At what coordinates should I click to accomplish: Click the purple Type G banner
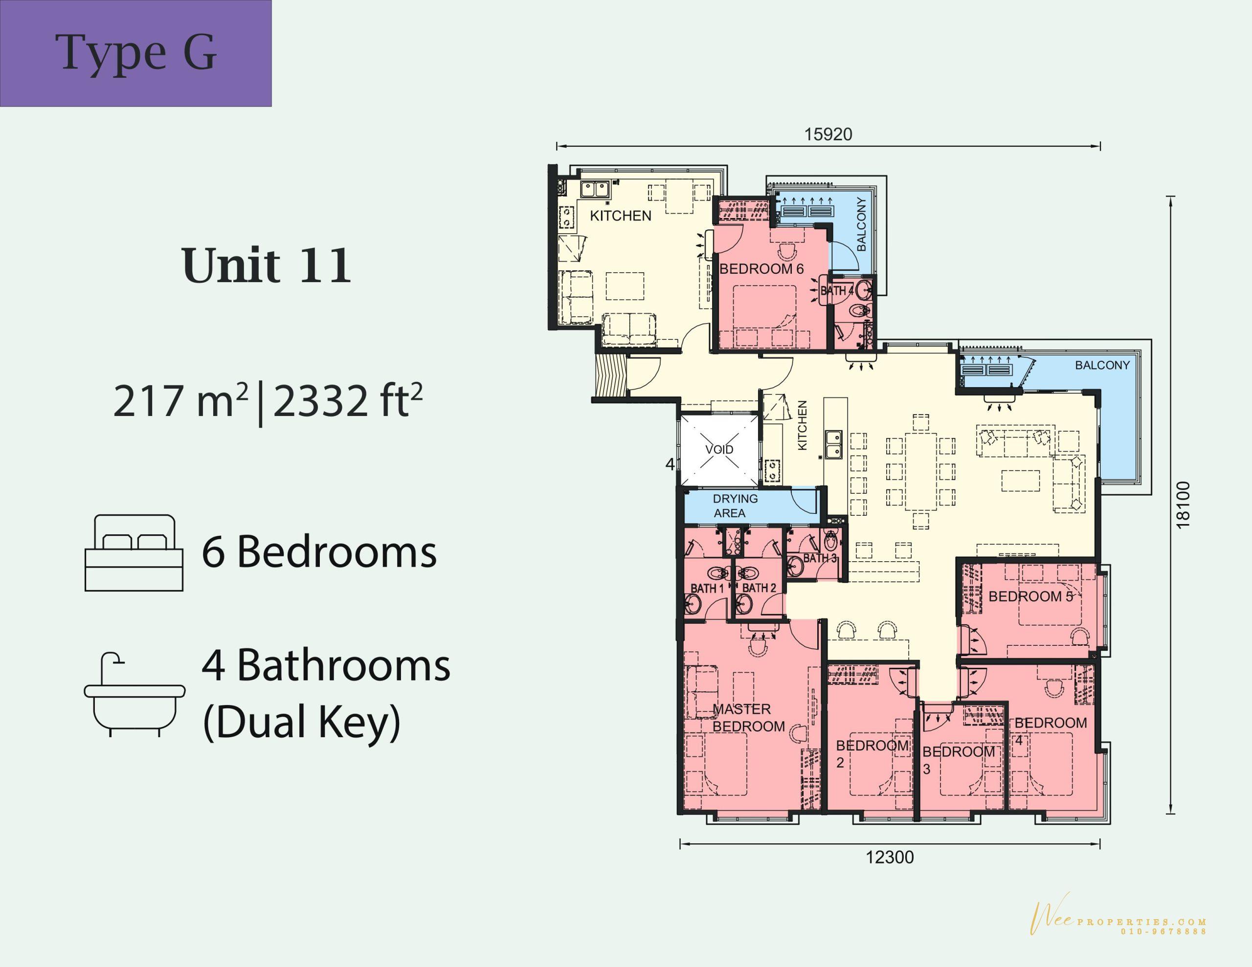click(x=135, y=53)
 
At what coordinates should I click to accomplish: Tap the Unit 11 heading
click(x=267, y=265)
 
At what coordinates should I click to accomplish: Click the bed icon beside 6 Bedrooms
click(x=134, y=552)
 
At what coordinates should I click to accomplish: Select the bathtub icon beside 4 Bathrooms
click(x=134, y=694)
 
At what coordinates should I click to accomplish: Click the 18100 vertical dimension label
click(x=1183, y=505)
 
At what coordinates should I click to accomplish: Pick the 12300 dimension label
click(x=890, y=857)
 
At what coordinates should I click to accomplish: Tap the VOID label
click(x=719, y=449)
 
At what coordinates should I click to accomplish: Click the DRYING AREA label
click(x=735, y=505)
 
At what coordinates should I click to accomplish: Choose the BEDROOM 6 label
click(x=761, y=269)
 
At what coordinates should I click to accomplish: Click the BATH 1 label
click(x=707, y=588)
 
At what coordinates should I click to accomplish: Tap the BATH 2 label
click(x=759, y=588)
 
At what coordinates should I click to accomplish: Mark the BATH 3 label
click(x=820, y=558)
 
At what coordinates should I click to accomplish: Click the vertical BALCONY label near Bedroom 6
click(x=861, y=224)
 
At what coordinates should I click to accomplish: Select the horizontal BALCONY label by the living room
click(x=1102, y=365)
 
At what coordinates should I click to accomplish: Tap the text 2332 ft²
click(x=348, y=401)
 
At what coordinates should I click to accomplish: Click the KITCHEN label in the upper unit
click(x=621, y=216)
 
